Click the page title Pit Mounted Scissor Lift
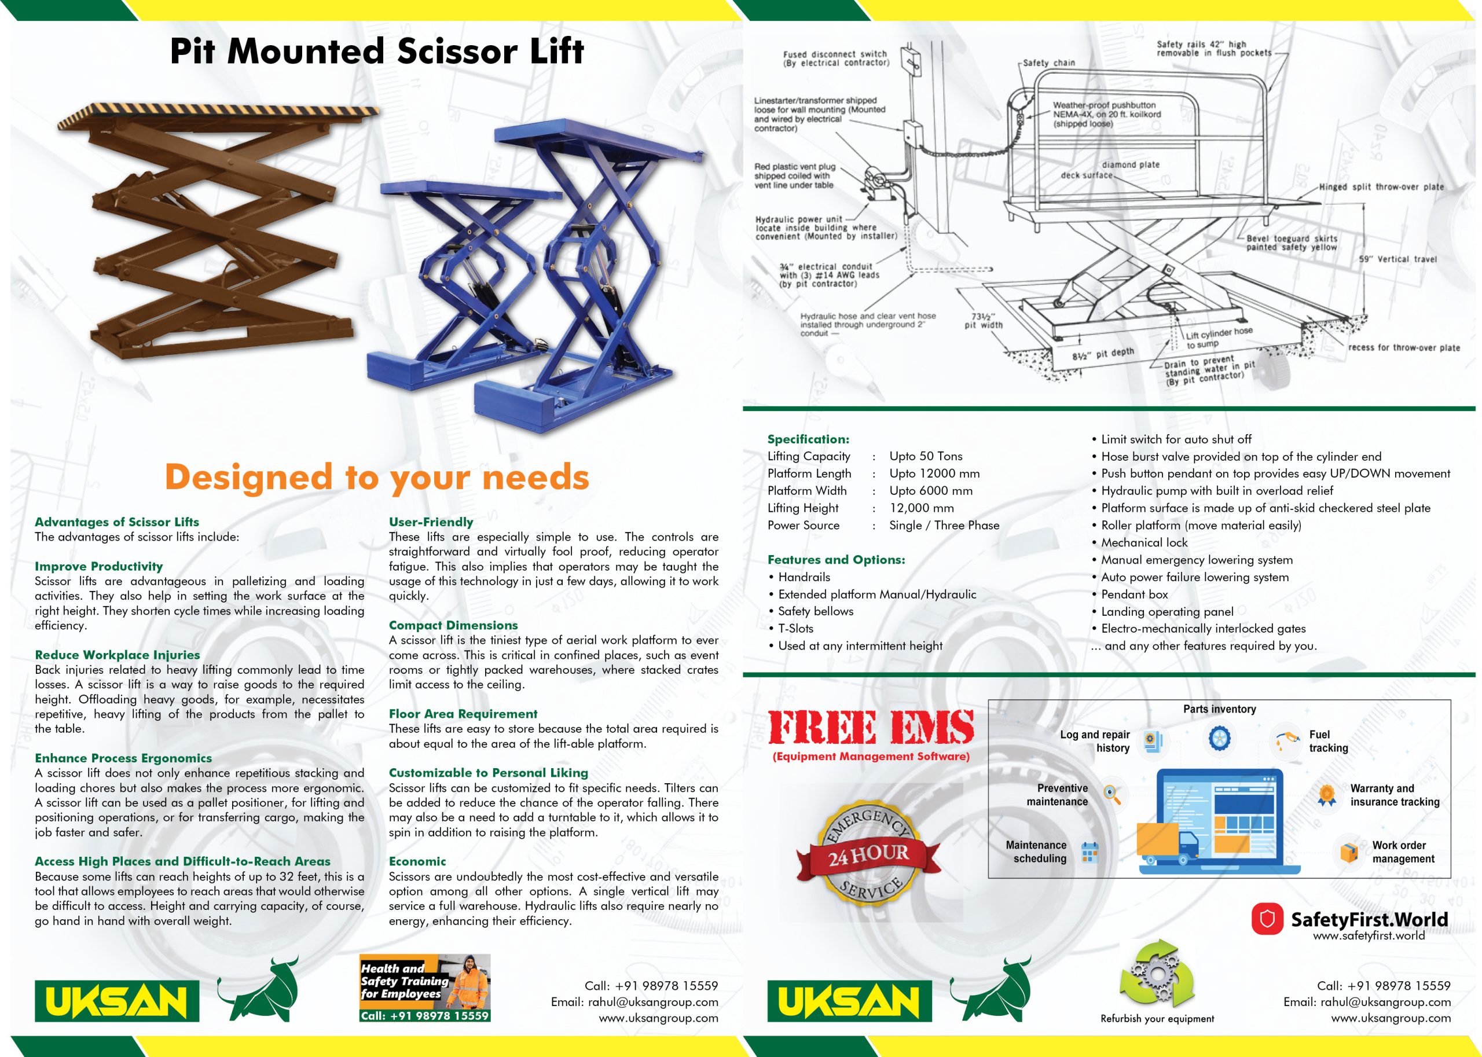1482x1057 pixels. coord(377,51)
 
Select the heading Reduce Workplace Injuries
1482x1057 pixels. coord(117,655)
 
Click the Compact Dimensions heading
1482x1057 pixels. coord(453,625)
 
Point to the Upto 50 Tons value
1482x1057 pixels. coord(926,456)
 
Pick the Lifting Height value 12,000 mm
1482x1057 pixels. coord(921,508)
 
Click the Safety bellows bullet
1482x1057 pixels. coord(816,611)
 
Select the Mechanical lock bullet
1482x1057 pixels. coord(1143,542)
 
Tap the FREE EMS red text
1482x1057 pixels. coord(871,728)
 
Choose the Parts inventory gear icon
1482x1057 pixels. coord(1219,739)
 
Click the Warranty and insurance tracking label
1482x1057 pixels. coord(1394,795)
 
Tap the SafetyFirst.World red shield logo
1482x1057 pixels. coord(1267,919)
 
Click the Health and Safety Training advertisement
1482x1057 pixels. coord(424,988)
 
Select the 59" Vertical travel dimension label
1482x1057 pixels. coord(1397,259)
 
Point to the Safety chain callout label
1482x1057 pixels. coord(1048,63)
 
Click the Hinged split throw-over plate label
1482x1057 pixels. coord(1381,187)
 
